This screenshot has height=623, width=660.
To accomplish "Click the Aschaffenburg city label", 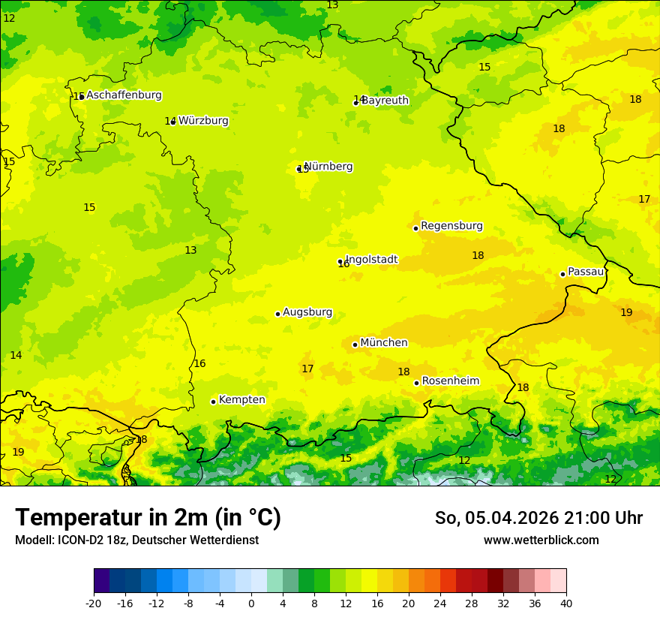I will pos(124,95).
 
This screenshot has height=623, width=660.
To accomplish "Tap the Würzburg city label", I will pos(203,121).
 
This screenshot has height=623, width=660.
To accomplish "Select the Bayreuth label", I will pos(385,101).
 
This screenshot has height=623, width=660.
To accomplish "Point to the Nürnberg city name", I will pos(328,167).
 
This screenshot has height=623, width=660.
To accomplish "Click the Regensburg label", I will pos(451,226).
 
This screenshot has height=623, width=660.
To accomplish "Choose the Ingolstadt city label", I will pos(371,260).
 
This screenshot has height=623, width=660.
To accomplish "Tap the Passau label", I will pos(586,272).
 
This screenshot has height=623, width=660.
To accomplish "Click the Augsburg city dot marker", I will pos(277,314).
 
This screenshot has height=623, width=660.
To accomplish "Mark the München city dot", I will pos(355,345).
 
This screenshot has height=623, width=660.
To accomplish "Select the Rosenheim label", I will pos(450,381).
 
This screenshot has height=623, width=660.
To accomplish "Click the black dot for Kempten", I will pos(213,402).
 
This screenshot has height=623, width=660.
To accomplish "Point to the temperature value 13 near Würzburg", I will pos(190,250).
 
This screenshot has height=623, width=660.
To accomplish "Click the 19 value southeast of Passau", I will pos(626,312).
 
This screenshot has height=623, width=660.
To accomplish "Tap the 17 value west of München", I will pos(307,369).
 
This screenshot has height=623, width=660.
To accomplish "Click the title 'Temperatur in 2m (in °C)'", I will pos(148,517).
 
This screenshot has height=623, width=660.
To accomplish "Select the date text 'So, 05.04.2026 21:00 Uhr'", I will pos(538,518).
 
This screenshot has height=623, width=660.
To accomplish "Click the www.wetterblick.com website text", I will pos(541,540).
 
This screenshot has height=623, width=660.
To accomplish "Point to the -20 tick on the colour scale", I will pos(94,603).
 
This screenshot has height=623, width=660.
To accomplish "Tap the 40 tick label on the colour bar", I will pos(566,603).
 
